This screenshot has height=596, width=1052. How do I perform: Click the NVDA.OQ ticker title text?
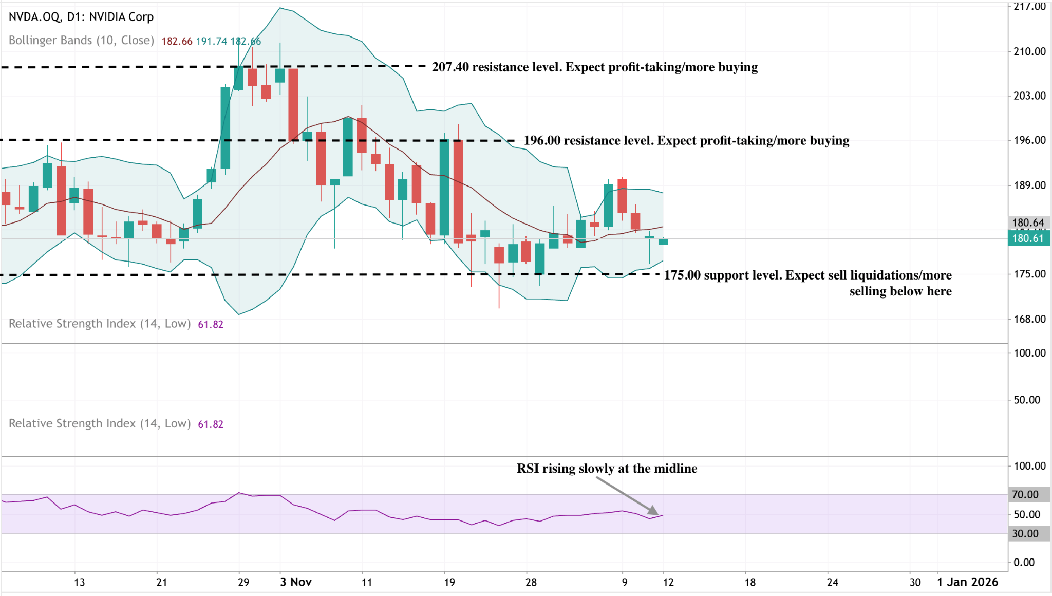tap(81, 17)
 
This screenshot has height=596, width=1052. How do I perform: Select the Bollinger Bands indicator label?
tap(81, 41)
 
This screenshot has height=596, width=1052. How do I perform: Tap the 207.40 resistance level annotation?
tap(594, 67)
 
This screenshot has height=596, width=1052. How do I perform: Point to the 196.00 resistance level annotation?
tap(686, 141)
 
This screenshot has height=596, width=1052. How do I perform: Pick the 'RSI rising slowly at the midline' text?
tap(607, 469)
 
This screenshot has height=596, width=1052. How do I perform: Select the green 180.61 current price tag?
tap(1028, 238)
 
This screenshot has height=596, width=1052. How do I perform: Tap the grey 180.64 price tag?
tap(1028, 223)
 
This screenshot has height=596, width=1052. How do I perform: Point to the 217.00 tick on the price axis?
tap(1029, 7)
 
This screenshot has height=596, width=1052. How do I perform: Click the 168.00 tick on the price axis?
tap(1029, 319)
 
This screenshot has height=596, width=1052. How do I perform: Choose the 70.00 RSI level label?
tap(1025, 495)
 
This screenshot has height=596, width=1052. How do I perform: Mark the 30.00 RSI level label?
tap(1025, 534)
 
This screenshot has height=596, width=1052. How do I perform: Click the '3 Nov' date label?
tap(296, 582)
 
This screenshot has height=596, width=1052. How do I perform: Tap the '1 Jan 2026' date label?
tap(967, 582)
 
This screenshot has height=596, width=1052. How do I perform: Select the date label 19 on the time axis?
tap(449, 583)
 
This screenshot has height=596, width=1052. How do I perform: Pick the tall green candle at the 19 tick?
tap(444, 188)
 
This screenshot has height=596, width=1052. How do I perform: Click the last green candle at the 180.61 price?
tap(663, 241)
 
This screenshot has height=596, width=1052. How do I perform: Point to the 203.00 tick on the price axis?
tap(1029, 96)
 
